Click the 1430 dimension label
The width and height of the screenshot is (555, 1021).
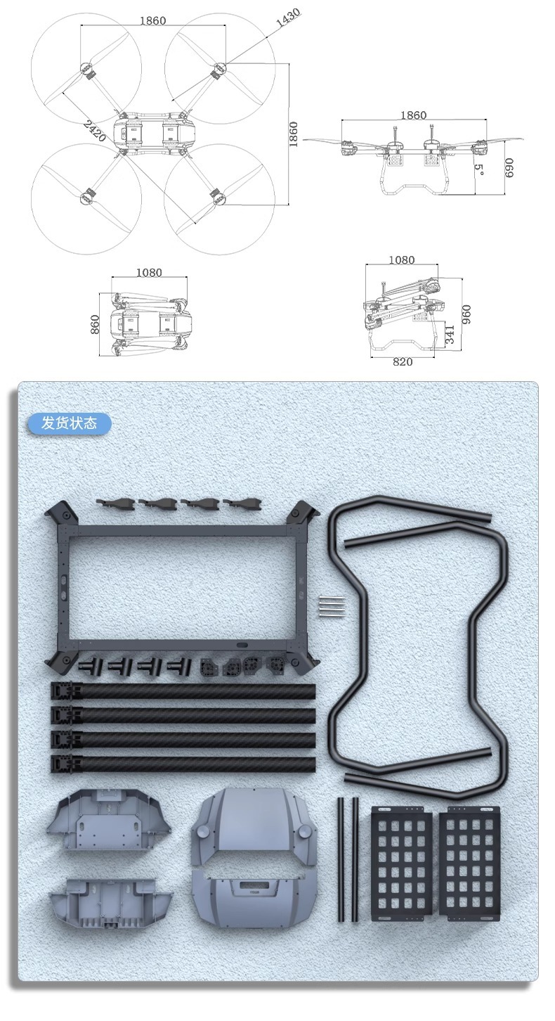coord(288,18)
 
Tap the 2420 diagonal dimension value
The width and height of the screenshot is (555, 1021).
coord(95,131)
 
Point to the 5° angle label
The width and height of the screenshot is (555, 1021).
coord(478,170)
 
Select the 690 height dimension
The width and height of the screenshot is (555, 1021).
coord(509,168)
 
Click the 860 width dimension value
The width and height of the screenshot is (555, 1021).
coord(95,324)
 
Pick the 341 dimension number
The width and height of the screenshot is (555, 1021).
coord(450,335)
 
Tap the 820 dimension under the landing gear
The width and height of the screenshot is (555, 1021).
coord(403,362)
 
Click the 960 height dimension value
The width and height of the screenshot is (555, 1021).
coord(466,314)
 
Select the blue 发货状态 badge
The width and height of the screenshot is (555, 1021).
coord(70,423)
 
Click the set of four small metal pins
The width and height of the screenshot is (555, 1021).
coord(332,607)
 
